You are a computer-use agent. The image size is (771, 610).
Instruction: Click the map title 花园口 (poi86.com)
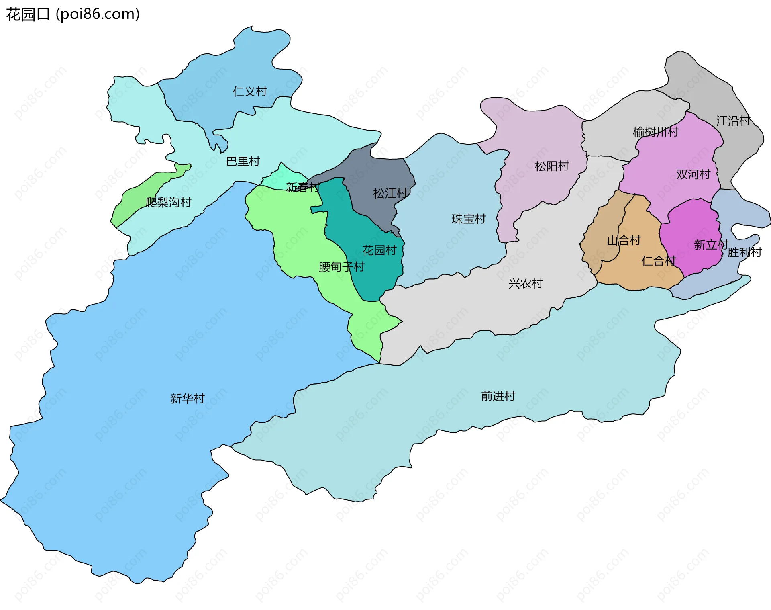click(x=73, y=14)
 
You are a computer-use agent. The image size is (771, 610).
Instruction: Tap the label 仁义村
click(x=250, y=92)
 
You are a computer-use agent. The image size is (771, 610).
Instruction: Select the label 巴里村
click(x=243, y=162)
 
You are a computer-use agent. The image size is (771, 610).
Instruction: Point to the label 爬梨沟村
click(x=168, y=202)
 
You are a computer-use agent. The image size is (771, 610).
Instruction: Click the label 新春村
click(x=303, y=187)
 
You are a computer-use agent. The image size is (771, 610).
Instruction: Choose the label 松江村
click(x=390, y=194)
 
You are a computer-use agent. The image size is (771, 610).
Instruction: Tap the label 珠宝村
click(x=469, y=219)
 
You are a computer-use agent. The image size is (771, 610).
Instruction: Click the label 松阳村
click(x=552, y=166)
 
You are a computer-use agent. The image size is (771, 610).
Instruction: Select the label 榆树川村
click(x=655, y=132)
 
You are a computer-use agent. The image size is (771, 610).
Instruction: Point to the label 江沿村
click(x=733, y=121)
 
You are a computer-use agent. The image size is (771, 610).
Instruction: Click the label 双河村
click(x=693, y=174)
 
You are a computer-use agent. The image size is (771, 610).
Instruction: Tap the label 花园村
click(x=379, y=251)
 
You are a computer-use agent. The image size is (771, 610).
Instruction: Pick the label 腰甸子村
click(x=341, y=267)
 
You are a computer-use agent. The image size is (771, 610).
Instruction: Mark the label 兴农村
click(x=525, y=284)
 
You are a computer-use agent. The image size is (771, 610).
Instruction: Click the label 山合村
click(x=624, y=241)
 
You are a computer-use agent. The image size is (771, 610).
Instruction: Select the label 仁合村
click(x=659, y=261)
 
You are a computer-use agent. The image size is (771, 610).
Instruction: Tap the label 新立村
click(x=711, y=245)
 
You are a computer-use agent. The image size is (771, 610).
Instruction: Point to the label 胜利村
click(x=744, y=252)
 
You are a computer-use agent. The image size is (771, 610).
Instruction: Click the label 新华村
click(x=187, y=399)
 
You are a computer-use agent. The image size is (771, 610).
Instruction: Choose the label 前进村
click(x=498, y=396)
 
